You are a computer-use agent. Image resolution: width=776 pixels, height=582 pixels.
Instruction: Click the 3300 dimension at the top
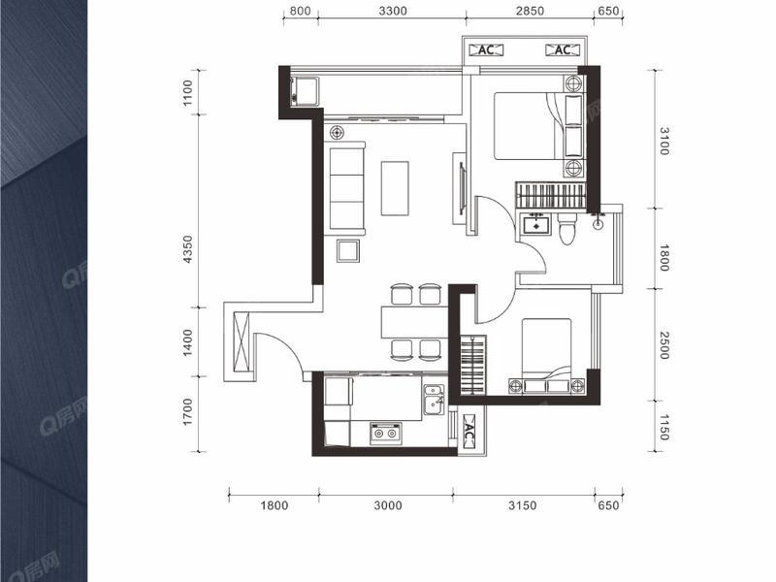pos(393,11)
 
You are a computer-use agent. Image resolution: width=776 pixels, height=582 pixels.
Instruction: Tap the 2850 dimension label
pos(530,11)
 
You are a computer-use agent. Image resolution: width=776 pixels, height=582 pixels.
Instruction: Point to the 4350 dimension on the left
pos(187,249)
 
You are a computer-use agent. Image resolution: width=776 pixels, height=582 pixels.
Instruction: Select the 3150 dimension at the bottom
pos(523,505)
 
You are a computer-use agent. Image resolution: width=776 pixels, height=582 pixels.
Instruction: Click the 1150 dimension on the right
pos(664,428)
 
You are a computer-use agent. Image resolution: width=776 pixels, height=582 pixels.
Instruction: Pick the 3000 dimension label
pos(387,505)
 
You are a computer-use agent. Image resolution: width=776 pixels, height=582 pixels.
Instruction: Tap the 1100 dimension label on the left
pos(187,92)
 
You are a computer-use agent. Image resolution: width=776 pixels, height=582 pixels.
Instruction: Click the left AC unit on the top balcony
pos(486,50)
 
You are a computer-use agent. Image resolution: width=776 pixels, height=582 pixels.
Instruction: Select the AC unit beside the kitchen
pos(469,431)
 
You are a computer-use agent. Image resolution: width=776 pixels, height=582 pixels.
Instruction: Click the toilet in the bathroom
pos(567,229)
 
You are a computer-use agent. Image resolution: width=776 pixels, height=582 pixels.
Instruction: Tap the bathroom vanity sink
pos(535,224)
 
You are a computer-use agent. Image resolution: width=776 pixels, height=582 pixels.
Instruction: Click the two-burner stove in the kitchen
pos(385,433)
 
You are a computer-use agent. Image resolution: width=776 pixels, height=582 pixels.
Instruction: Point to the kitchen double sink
pos(434,400)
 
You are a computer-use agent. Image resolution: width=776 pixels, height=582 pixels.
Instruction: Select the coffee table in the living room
pos(395,188)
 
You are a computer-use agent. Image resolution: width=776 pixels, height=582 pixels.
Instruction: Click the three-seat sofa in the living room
pos(345,188)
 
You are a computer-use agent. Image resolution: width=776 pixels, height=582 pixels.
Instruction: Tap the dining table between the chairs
pos(415,322)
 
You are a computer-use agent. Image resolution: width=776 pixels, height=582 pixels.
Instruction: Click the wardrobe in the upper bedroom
pos(551,195)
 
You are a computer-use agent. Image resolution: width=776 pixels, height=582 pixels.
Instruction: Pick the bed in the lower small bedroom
pos(546,355)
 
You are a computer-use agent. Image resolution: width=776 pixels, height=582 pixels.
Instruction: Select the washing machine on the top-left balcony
pos(305,90)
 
